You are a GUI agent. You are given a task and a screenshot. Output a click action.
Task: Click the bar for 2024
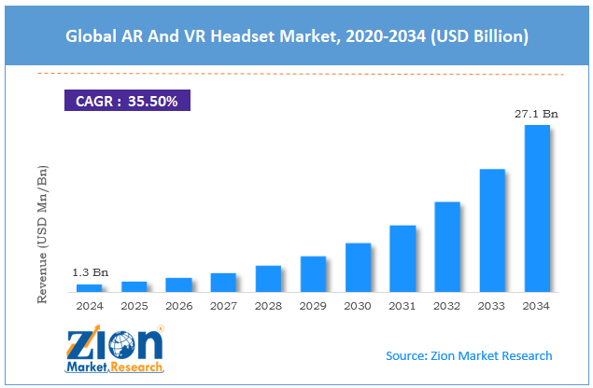pyautogui.click(x=90, y=287)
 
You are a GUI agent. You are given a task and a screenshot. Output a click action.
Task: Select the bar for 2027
pyautogui.click(x=224, y=282)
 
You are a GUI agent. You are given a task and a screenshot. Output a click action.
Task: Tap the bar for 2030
pyautogui.click(x=359, y=267)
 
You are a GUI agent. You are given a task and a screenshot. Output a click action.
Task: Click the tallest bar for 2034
pyautogui.click(x=537, y=208)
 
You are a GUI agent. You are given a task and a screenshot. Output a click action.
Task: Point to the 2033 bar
pyautogui.click(x=492, y=229)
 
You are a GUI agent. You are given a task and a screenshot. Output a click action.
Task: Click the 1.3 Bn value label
pyautogui.click(x=90, y=272)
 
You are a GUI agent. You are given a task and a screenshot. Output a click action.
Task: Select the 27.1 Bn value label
pyautogui.click(x=537, y=113)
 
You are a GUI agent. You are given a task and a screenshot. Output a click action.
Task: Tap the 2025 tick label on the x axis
pyautogui.click(x=134, y=305)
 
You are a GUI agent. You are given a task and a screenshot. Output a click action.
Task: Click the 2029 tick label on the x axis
pyautogui.click(x=314, y=305)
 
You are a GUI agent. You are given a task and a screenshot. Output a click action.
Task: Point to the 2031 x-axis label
pyautogui.click(x=402, y=305)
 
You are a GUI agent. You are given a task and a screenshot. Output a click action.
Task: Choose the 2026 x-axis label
pyautogui.click(x=179, y=305)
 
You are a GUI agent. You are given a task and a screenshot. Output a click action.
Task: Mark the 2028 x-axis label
pyautogui.click(x=269, y=305)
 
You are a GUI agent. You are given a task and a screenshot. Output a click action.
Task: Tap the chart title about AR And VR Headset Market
pyautogui.click(x=296, y=36)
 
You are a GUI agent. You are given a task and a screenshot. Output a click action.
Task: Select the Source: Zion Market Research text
pyautogui.click(x=469, y=355)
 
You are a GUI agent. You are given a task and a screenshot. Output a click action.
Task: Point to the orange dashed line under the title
pyautogui.click(x=296, y=73)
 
